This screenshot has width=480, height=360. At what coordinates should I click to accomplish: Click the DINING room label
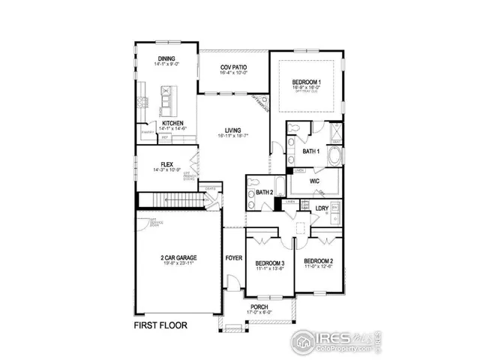166,58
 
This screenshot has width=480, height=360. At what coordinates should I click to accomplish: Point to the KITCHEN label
173,123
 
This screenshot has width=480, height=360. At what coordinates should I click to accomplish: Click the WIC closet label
315,181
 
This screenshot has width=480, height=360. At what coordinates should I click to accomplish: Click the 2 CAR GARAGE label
178,258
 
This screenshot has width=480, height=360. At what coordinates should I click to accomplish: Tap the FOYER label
234,258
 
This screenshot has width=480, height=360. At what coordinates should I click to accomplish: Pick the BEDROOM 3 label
268,263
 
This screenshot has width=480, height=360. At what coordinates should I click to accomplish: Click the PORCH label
258,307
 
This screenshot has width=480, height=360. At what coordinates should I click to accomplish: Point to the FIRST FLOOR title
160,325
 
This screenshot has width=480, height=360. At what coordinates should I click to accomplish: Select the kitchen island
166,97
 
